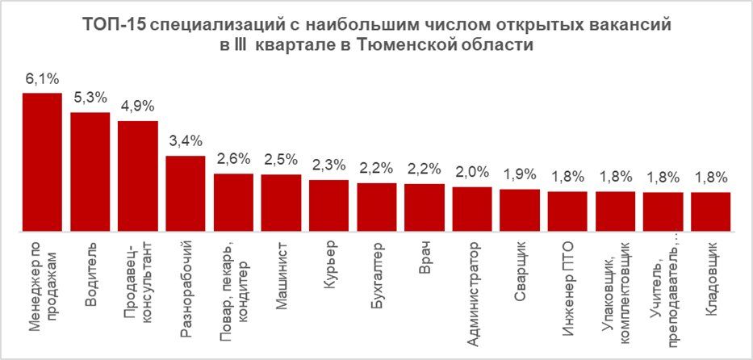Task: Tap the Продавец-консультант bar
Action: click(138, 177)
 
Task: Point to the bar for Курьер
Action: click(328, 207)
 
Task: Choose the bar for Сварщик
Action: click(520, 211)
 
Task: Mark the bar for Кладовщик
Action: click(711, 212)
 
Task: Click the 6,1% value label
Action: click(42, 82)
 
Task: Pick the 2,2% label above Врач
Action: click(424, 169)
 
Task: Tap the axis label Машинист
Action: click(282, 267)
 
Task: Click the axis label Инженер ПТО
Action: click(567, 277)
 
